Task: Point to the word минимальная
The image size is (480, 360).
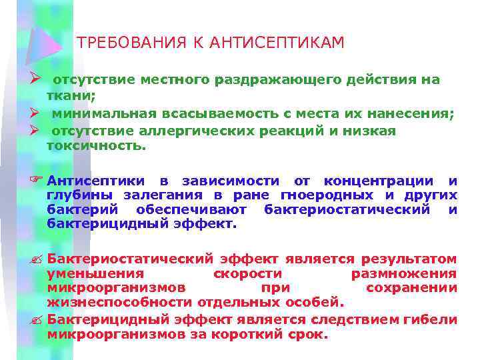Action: pyautogui.click(x=100, y=114)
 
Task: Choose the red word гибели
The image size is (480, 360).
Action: pyautogui.click(x=431, y=320)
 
